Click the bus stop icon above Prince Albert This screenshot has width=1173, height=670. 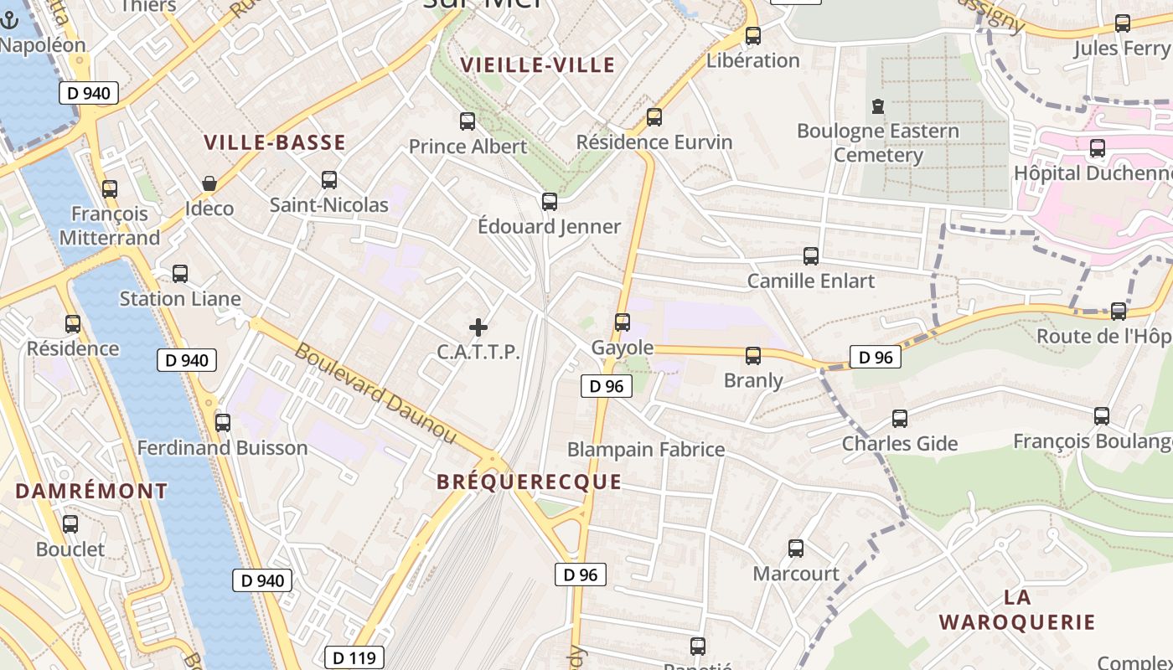coord(468,121)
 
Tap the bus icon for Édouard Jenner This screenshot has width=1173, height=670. coord(550,202)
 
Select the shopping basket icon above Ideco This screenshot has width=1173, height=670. coord(209,183)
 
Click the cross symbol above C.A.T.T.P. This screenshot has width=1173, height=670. coord(478,327)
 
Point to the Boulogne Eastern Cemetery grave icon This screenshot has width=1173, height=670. coord(878,106)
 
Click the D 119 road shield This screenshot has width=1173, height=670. coord(354,658)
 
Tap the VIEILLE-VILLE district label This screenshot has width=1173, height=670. coord(538,65)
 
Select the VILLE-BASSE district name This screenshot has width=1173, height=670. coord(275,142)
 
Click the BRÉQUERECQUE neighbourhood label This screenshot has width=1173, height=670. coord(529,482)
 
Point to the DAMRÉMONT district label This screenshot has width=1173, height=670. coord(91,491)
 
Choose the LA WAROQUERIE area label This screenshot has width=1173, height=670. coord(1017,610)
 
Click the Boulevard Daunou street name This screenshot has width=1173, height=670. coord(376,394)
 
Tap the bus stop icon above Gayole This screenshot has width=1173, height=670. coord(623,322)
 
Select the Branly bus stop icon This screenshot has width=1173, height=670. coord(753,356)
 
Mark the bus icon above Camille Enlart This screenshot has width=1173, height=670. coord(811,256)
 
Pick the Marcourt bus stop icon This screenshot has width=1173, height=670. coord(796,549)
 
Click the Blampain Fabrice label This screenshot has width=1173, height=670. coord(646,450)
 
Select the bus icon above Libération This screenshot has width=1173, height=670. coord(753,36)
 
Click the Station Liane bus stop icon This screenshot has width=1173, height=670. coord(180,274)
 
